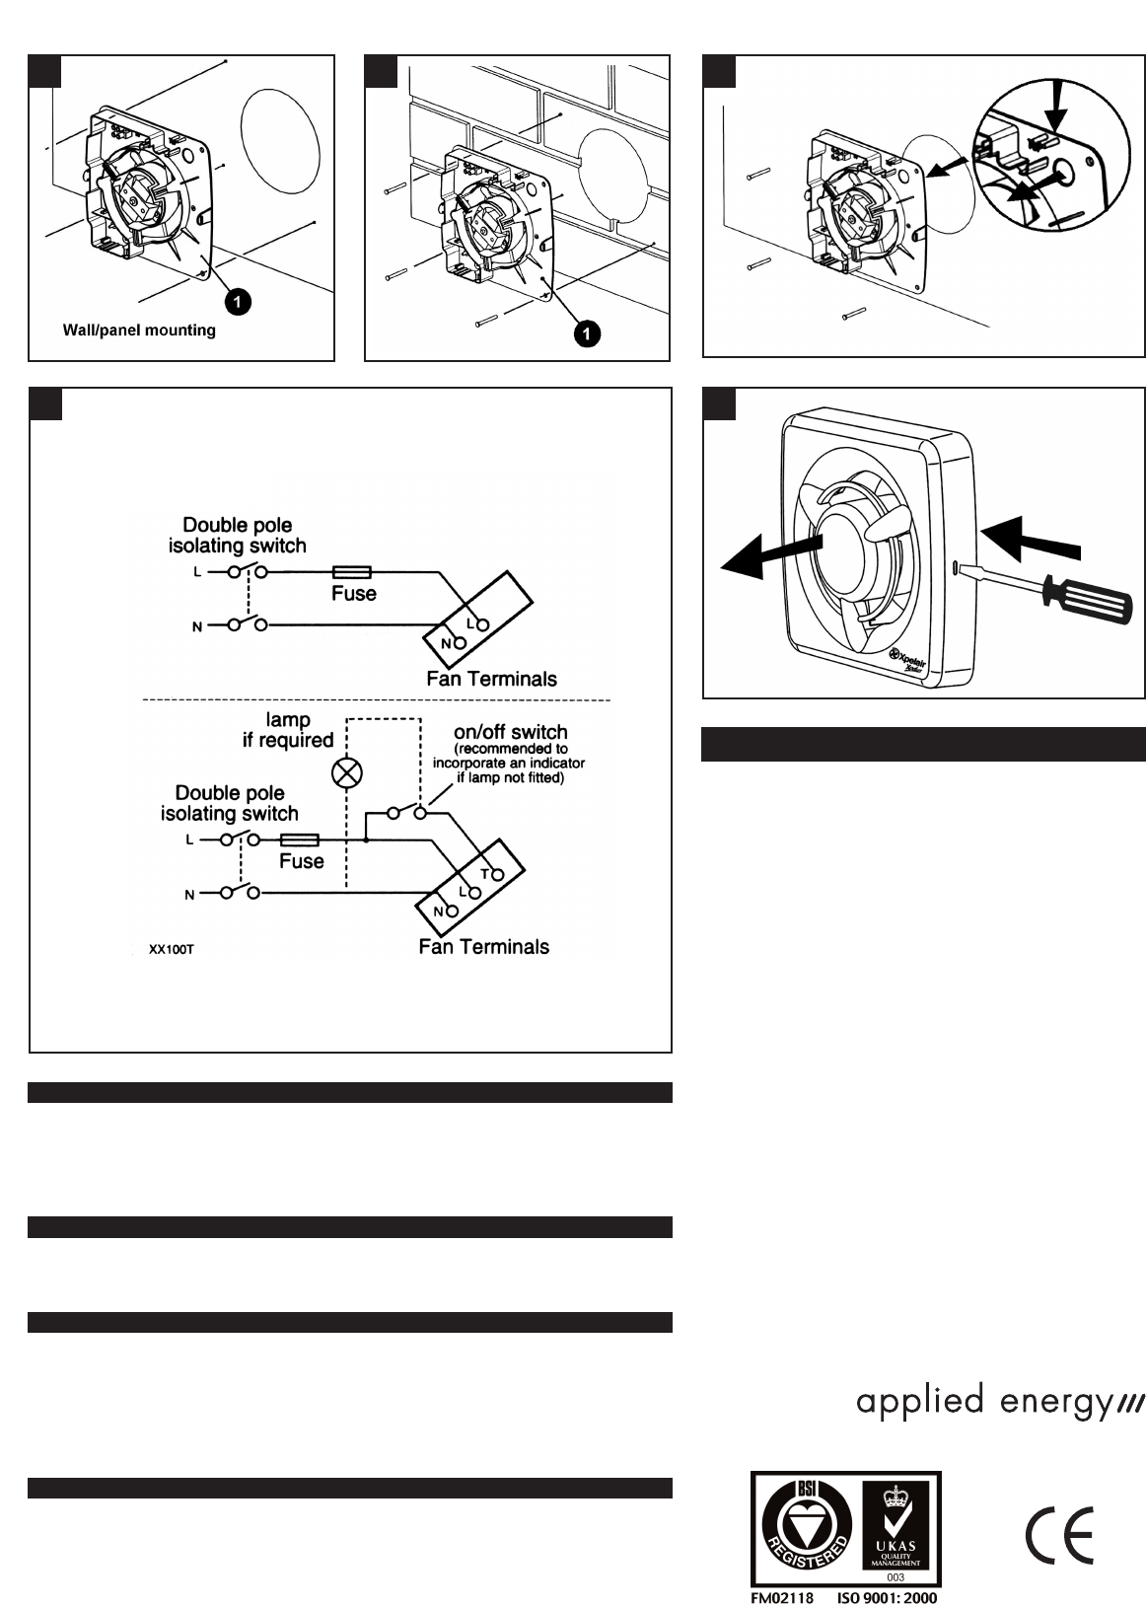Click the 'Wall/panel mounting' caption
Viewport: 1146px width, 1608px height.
click(139, 330)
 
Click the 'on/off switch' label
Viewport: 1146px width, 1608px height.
click(510, 733)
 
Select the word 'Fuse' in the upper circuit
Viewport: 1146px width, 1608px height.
click(353, 594)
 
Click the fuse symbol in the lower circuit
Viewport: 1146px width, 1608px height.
click(300, 841)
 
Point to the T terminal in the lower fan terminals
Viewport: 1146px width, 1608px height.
click(497, 874)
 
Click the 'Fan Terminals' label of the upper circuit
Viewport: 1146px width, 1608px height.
click(491, 679)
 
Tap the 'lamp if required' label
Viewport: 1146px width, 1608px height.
click(288, 730)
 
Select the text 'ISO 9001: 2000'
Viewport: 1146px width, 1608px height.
click(888, 1597)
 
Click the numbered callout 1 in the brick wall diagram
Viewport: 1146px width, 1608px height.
click(586, 334)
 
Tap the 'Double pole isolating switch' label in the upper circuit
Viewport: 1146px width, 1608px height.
click(237, 536)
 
